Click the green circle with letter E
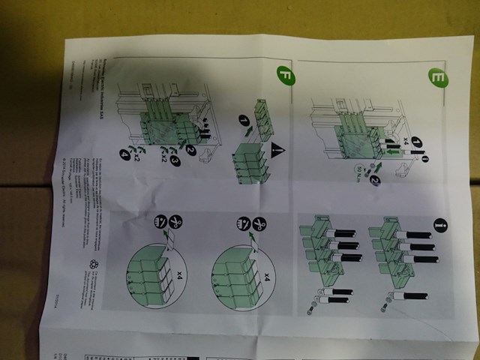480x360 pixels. click(x=438, y=76)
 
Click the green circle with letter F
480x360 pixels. click(x=285, y=75)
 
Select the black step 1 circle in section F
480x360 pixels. click(x=245, y=120)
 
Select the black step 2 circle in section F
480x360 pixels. click(x=191, y=149)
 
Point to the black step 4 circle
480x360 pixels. click(x=124, y=156)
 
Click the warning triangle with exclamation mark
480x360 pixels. click(x=277, y=149)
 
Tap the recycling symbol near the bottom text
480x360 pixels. click(x=94, y=264)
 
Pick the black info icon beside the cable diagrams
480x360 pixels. click(x=439, y=224)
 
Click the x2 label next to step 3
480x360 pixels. click(x=160, y=160)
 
